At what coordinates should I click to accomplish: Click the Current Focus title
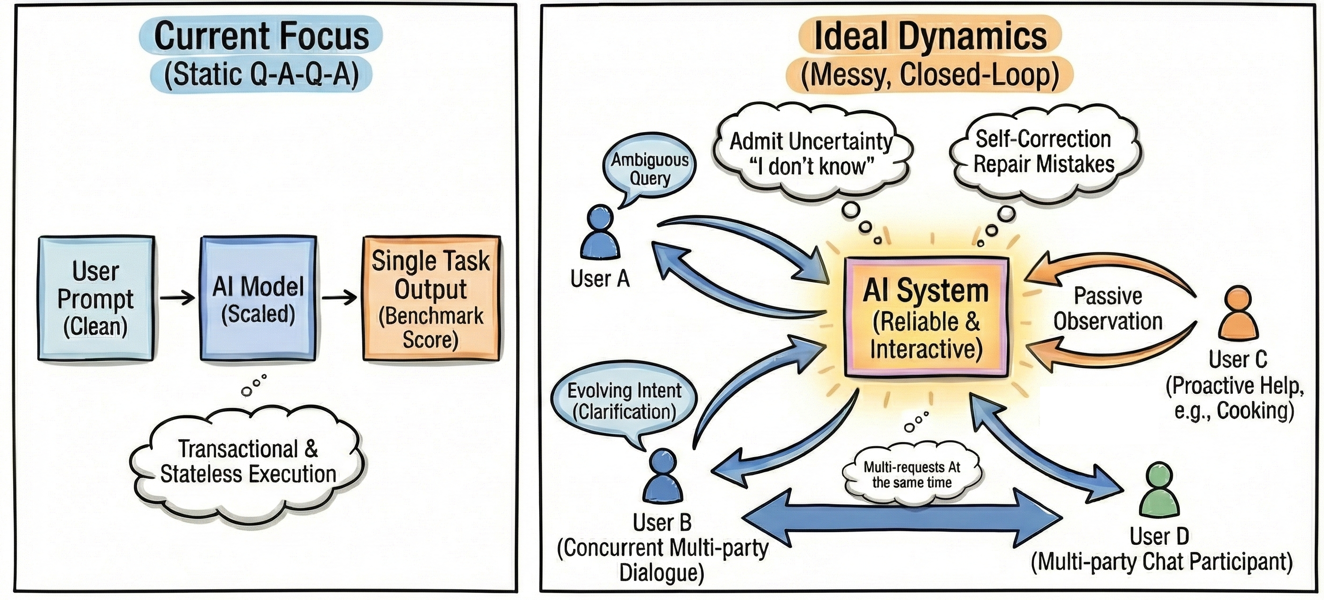[x=261, y=36]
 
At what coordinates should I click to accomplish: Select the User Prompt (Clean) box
[x=96, y=299]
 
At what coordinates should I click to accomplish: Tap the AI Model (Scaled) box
[x=258, y=299]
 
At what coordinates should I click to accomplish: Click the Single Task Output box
[x=431, y=299]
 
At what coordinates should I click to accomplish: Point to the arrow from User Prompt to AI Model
[x=177, y=298]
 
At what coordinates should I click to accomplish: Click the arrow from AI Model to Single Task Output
[x=339, y=298]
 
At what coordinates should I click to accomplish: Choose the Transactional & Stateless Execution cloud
[x=248, y=462]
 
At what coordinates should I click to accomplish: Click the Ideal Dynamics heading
[x=930, y=36]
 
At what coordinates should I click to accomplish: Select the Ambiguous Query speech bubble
[x=650, y=169]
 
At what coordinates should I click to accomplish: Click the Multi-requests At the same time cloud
[x=912, y=475]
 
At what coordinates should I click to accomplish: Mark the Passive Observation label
[x=1107, y=309]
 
